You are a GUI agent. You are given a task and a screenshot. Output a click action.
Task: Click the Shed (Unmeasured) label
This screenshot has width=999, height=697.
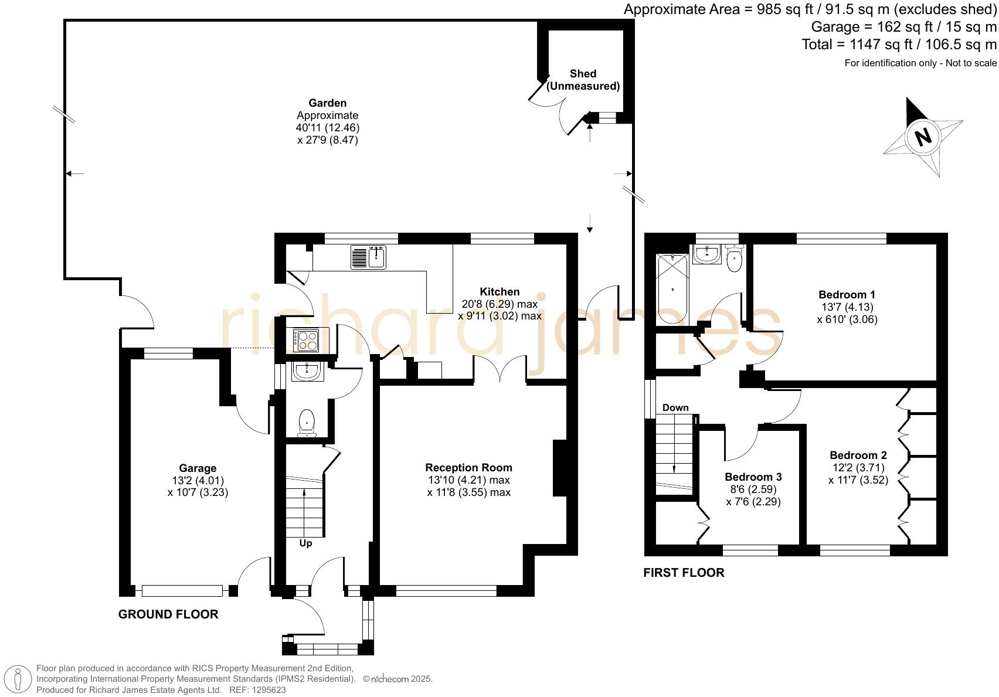(x=583, y=80)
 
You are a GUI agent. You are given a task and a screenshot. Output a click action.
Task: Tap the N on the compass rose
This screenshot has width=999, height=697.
(x=923, y=137)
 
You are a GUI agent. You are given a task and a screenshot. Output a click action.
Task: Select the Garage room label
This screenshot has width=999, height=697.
(x=198, y=468)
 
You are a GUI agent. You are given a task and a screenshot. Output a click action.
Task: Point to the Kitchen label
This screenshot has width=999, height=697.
(x=500, y=292)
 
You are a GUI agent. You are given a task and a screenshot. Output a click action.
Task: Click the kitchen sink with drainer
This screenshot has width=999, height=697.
(x=368, y=257)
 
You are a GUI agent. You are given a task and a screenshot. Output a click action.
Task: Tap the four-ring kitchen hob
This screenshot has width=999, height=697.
(x=305, y=340)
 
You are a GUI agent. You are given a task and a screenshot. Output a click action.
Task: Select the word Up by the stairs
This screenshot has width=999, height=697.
(x=305, y=543)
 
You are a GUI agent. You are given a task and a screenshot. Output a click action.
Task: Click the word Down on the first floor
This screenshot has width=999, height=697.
(x=675, y=407)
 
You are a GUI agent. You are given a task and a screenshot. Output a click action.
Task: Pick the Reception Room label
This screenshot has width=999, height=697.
(x=469, y=467)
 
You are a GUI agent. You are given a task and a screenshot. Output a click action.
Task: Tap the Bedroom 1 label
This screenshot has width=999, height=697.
(x=847, y=294)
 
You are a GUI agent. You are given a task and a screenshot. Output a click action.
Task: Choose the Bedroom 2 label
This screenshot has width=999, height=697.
(x=858, y=455)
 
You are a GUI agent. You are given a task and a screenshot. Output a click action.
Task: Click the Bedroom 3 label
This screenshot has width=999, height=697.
(x=753, y=477)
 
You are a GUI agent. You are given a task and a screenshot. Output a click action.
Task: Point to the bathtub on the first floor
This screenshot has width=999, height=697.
(x=672, y=289)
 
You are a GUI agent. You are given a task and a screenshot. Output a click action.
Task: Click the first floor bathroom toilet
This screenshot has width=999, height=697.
(x=734, y=258)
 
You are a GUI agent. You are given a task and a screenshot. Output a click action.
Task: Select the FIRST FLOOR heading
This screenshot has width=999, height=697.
(x=684, y=573)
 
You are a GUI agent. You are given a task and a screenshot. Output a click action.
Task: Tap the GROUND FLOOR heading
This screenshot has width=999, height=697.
(x=168, y=614)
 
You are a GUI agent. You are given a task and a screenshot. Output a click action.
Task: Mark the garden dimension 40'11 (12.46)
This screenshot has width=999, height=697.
(x=327, y=128)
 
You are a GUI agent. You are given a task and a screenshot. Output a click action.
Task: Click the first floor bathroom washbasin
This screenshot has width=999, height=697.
(x=707, y=254)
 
